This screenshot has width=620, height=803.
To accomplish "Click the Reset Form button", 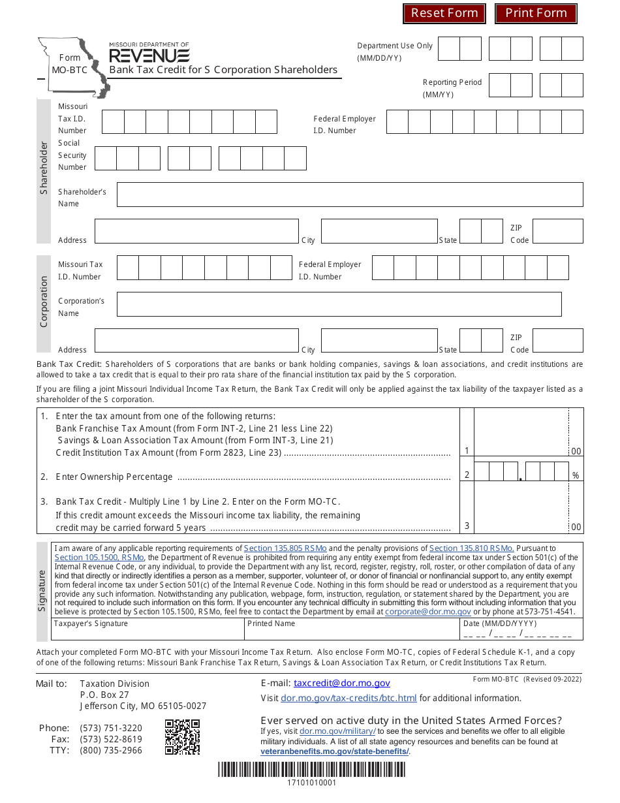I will [x=444, y=13].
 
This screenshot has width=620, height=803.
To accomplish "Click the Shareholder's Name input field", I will [x=350, y=195].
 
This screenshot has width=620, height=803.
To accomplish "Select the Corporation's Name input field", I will [x=339, y=304].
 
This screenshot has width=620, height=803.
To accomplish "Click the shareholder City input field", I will [x=379, y=231].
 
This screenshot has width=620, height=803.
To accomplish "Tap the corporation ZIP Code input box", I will [x=558, y=341].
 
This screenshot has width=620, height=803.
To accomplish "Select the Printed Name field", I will [x=352, y=632].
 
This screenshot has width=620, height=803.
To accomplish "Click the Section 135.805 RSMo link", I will [x=285, y=548].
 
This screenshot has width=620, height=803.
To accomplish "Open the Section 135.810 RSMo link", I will [x=471, y=548].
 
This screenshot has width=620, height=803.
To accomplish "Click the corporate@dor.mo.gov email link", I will [x=427, y=612].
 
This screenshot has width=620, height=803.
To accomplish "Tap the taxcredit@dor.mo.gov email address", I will [x=342, y=683].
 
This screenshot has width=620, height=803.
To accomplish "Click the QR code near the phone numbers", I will [x=182, y=737].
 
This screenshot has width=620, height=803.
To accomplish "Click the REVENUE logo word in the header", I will [x=149, y=55].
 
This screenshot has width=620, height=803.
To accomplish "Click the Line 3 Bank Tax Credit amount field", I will [x=521, y=508].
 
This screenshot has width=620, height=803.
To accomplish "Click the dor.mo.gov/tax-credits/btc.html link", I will [x=349, y=698].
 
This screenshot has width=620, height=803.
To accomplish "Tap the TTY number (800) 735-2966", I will [x=111, y=750].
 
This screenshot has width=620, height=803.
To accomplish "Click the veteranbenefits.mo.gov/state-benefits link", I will [x=335, y=751].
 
